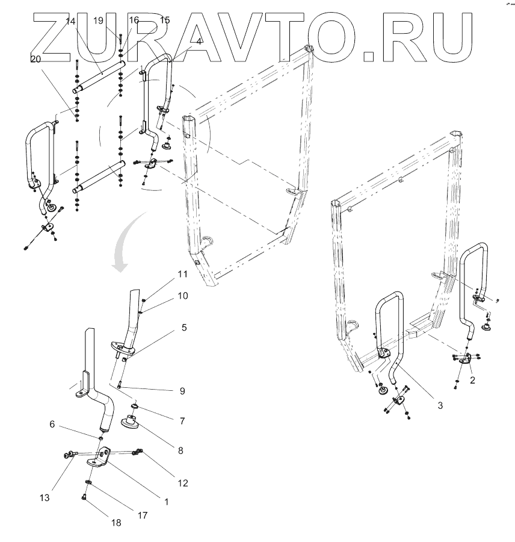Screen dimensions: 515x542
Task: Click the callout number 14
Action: tap(70, 21)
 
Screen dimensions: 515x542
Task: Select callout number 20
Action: tap(35, 59)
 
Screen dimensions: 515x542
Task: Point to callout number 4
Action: tap(199, 41)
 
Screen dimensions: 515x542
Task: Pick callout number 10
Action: tap(182, 296)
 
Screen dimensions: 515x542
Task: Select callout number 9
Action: tap(182, 390)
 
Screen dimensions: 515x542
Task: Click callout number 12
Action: tap(182, 482)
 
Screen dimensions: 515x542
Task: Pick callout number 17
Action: tap(143, 515)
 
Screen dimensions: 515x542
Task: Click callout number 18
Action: tap(116, 523)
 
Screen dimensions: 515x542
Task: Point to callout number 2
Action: tap(473, 380)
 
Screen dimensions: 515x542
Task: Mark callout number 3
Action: tap(440, 405)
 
